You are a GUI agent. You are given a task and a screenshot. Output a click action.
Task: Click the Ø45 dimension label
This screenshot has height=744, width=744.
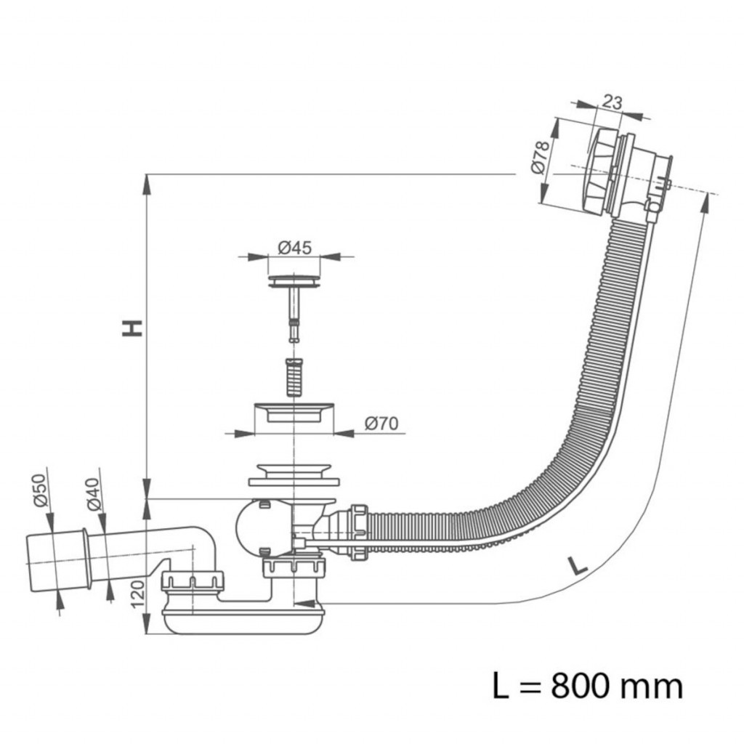click(x=295, y=248)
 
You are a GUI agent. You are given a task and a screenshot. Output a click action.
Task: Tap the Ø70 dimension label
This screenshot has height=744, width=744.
click(x=381, y=424)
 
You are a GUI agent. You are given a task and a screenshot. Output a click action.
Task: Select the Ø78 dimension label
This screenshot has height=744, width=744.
click(x=540, y=158)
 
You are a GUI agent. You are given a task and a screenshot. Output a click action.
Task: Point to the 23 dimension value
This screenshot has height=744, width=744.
click(x=612, y=102)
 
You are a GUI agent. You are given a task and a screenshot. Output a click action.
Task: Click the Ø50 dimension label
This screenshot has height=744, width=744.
click(x=41, y=490)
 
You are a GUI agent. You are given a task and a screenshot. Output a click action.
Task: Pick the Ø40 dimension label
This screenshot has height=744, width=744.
click(x=94, y=494)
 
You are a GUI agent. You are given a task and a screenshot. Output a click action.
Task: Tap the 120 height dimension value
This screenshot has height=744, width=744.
click(x=137, y=594)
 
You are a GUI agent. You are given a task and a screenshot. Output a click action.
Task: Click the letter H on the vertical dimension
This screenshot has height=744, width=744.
click(x=132, y=328)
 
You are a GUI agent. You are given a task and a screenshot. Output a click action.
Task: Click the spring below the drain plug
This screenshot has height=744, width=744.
click(x=294, y=377)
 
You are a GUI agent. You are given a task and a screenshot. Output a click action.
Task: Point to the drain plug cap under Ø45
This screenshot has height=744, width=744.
click(x=294, y=281)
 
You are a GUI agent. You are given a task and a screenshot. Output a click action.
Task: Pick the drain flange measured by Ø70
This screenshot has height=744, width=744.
click(x=294, y=412)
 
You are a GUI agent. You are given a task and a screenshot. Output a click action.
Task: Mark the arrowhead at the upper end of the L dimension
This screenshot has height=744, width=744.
click(x=706, y=203)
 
